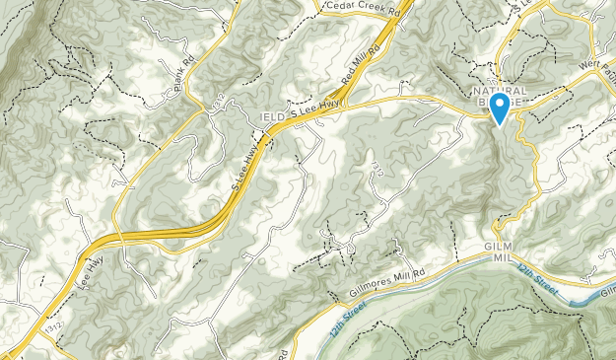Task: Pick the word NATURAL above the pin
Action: (x=504, y=91)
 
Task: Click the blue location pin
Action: (x=500, y=108)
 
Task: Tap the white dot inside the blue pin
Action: (x=500, y=103)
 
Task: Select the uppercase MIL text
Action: (x=505, y=257)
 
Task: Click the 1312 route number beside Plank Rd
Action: (x=217, y=96)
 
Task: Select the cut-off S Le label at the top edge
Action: (x=531, y=5)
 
